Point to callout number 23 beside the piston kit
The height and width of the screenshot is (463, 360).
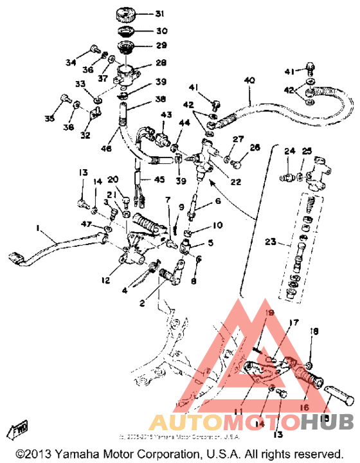(x=271, y=243)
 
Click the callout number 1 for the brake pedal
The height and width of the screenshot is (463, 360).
(x=38, y=228)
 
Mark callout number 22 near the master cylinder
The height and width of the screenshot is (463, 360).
(x=235, y=182)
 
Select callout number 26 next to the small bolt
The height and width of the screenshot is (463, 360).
(x=256, y=149)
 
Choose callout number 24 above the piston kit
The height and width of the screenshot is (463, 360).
(x=289, y=151)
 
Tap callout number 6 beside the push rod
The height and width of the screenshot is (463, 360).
(x=199, y=201)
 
